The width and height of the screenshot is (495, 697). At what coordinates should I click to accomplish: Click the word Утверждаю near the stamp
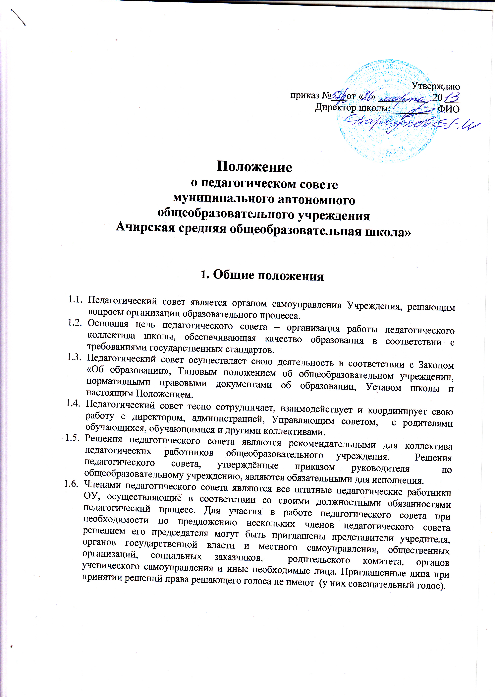click(436, 87)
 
